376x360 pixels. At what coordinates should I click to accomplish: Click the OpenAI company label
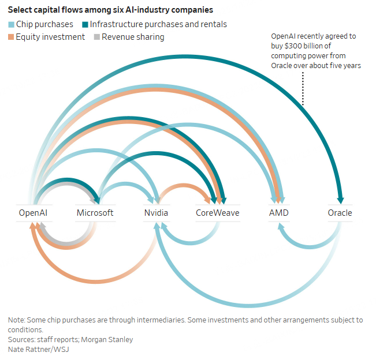33,213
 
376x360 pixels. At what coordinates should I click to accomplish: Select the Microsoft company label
95,213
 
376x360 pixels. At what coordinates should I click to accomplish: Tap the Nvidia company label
156,213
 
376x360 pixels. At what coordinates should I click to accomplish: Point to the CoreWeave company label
217,213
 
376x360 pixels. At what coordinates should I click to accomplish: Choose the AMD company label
278,213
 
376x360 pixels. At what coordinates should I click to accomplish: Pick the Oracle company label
340,213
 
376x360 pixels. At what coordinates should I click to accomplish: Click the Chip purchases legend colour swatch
11,24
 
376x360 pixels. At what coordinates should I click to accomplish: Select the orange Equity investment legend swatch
11,37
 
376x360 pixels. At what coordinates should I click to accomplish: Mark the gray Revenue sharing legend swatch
96,37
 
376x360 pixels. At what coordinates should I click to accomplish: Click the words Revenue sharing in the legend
133,37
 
